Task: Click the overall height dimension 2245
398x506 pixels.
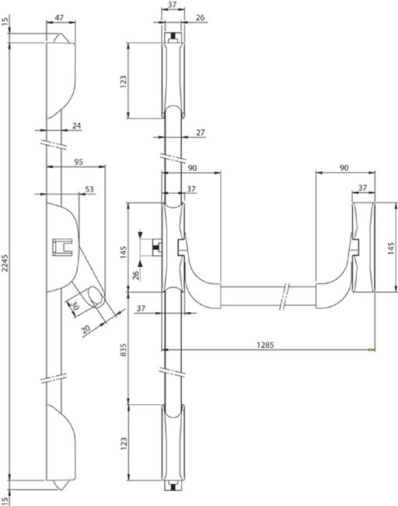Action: (x=5, y=263)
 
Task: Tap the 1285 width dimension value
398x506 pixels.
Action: (x=265, y=345)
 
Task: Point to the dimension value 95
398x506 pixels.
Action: (x=79, y=162)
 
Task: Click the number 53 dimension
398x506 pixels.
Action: (x=89, y=189)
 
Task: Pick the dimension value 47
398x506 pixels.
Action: (x=59, y=17)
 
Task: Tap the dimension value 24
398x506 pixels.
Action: (x=76, y=125)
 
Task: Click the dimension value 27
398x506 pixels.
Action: (x=201, y=132)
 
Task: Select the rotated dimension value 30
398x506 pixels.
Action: (x=74, y=305)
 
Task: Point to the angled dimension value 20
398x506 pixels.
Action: (x=86, y=329)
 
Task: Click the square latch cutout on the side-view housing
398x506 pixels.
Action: (x=62, y=247)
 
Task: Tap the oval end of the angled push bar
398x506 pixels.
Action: (x=96, y=295)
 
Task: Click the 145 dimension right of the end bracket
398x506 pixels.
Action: (x=391, y=248)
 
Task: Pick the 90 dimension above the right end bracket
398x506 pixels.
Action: (x=344, y=168)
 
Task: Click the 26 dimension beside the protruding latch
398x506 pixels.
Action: (x=136, y=276)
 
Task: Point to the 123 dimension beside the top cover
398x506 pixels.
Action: (x=124, y=82)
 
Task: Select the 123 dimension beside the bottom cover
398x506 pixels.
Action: (x=124, y=444)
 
